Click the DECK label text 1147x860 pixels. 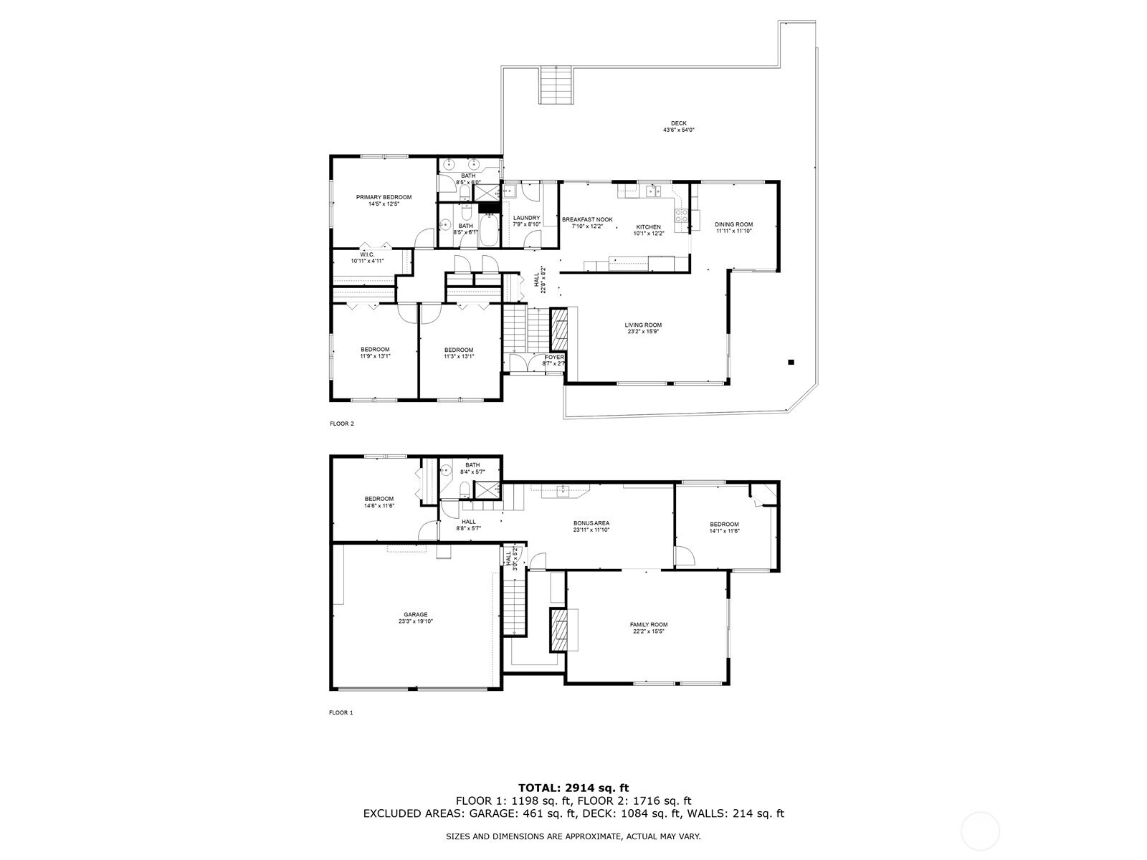coord(679,123)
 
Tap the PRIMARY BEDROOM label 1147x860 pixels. coord(384,197)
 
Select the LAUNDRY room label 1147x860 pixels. coord(526,218)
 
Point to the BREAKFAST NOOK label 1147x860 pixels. coord(587,220)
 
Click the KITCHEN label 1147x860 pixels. coord(649,227)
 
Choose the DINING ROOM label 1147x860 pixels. coord(733,224)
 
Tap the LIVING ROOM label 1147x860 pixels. coord(643,325)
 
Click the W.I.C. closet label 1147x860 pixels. coord(367,255)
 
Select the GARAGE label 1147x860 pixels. coord(415,615)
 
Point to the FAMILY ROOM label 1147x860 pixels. coord(649,624)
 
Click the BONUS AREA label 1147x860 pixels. coord(591,523)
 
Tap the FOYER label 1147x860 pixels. coord(554,357)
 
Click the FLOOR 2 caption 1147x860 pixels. coord(342,424)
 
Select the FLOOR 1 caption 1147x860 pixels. coord(341,712)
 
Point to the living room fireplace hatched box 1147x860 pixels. coord(559,329)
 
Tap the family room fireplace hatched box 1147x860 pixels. coord(558,630)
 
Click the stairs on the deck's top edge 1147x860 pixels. coord(556,85)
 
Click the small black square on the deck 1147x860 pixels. coord(791,362)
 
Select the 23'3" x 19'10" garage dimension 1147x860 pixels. coord(415,621)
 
